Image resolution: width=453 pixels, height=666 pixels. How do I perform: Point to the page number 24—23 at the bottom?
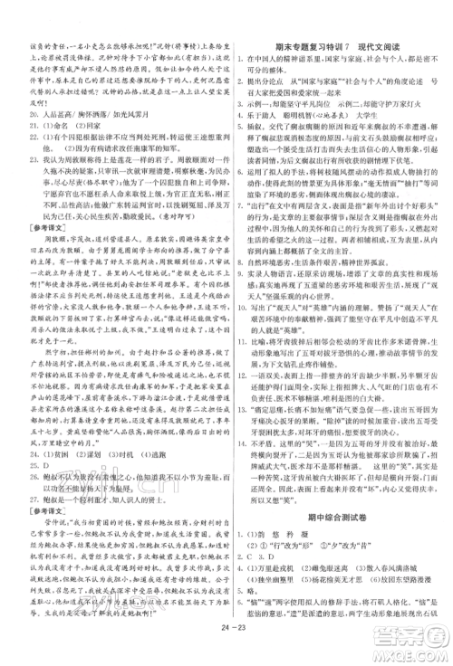(227, 647)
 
